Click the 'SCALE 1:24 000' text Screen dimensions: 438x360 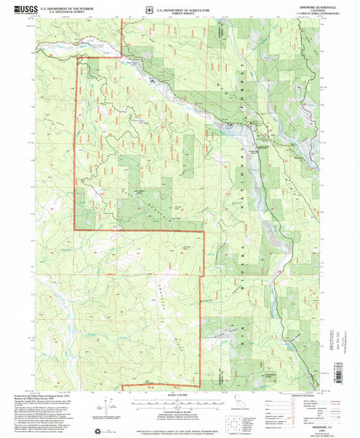pos(179,393)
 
